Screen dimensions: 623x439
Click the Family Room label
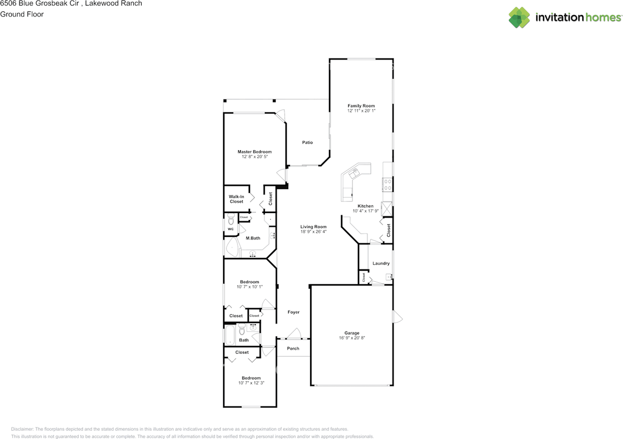pyautogui.click(x=361, y=106)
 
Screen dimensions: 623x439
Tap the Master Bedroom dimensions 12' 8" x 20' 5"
pyautogui.click(x=255, y=157)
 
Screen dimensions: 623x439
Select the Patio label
pyautogui.click(x=307, y=143)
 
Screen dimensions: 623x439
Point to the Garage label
pyautogui.click(x=352, y=333)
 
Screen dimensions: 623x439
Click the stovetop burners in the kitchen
pyautogui.click(x=387, y=185)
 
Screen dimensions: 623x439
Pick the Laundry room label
pyautogui.click(x=381, y=263)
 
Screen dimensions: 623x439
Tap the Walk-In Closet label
pyautogui.click(x=237, y=199)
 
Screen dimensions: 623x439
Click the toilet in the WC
pyautogui.click(x=231, y=219)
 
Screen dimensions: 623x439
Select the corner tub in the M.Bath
pyautogui.click(x=233, y=247)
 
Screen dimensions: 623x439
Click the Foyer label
pyautogui.click(x=293, y=312)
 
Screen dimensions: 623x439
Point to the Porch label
pyautogui.click(x=293, y=348)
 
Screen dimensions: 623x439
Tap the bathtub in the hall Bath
pyautogui.click(x=230, y=335)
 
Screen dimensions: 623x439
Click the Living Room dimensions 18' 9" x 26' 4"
pyautogui.click(x=313, y=232)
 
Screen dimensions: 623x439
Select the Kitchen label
pyautogui.click(x=366, y=206)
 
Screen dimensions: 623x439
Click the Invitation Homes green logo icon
pyautogui.click(x=519, y=18)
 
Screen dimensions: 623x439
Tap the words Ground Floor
pyautogui.click(x=22, y=14)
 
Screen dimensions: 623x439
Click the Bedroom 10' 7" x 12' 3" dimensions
pyautogui.click(x=251, y=383)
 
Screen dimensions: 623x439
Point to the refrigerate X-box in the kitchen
pyautogui.click(x=386, y=209)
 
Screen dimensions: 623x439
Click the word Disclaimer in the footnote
pyautogui.click(x=22, y=429)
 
